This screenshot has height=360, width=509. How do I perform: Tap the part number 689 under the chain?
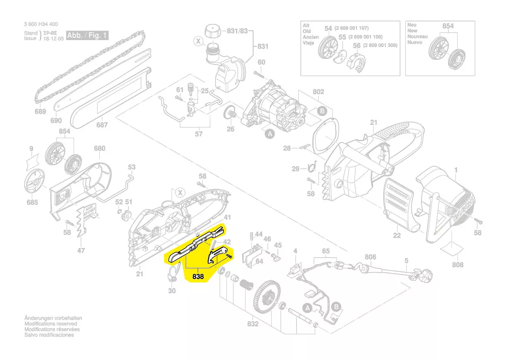point(40,112)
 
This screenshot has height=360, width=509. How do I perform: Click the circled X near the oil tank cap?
point(199,41)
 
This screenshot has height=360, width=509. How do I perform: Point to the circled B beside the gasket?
point(322,111)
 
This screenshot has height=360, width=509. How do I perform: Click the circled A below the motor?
point(270,135)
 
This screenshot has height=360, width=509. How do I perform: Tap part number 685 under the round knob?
point(32,202)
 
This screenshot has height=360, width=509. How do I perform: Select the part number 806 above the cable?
point(370,257)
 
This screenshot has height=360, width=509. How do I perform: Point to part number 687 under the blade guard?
point(102,125)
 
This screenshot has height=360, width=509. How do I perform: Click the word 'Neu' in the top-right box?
point(411,25)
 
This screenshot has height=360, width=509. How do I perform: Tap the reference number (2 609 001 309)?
point(380,45)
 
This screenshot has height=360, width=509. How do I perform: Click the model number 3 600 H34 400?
point(41,24)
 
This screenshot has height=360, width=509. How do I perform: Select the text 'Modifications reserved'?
point(51,324)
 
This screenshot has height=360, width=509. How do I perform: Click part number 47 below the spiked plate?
point(81,250)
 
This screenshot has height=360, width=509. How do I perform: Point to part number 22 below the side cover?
point(396,235)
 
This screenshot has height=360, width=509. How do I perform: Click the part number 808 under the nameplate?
point(458,265)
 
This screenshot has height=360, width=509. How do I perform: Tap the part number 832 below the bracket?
point(253,324)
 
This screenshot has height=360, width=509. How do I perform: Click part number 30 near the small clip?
point(172,290)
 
